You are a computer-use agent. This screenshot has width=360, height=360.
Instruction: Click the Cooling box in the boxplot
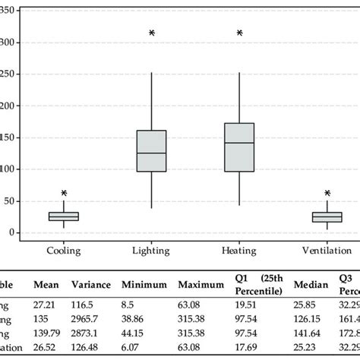coord(64,216)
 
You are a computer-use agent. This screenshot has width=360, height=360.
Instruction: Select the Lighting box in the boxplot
coord(151,151)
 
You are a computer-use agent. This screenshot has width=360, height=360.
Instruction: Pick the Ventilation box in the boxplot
coord(327,217)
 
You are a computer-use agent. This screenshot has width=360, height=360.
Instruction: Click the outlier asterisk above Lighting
coord(152,33)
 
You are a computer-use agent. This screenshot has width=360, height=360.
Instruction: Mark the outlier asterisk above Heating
coord(240,33)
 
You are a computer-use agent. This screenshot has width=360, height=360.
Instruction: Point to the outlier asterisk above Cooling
coord(64,194)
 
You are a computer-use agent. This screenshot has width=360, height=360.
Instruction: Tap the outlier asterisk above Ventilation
coord(327,194)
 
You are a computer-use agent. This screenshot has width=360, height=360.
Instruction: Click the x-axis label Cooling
coord(64,249)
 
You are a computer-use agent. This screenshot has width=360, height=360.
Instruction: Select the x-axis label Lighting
coord(151,249)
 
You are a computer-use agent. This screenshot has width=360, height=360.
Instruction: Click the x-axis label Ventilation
coord(327,249)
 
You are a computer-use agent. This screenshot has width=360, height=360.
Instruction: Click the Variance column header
coord(90,286)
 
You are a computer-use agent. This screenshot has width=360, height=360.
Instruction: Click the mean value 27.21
coord(44,303)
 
